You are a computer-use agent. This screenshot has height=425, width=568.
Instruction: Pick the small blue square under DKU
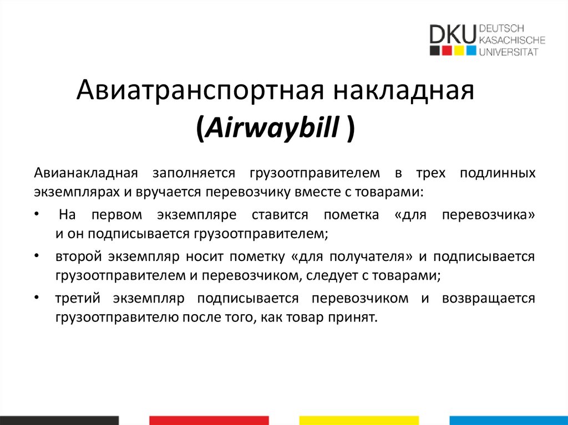click(471, 51)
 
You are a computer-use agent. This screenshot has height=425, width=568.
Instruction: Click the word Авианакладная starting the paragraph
click(86, 173)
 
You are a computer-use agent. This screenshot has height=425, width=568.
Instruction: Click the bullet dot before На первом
click(36, 213)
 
